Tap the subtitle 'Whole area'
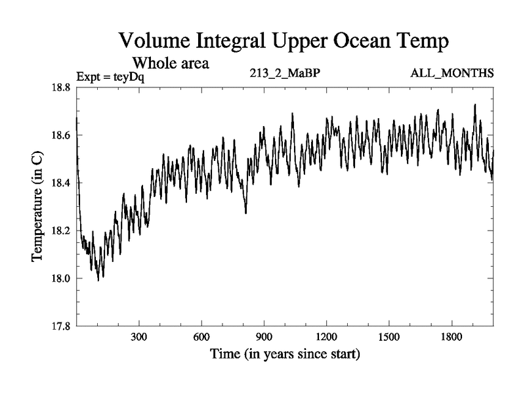pos(171,64)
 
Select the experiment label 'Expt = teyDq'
pos(110,76)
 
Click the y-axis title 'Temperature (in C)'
pos(37,207)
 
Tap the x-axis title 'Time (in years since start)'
pos(285,355)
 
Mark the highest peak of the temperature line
pos(474,104)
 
